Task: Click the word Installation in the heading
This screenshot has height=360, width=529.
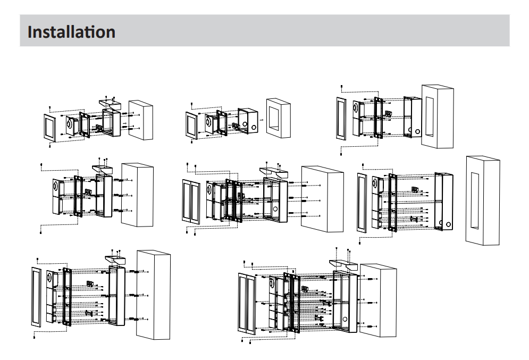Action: point(71,32)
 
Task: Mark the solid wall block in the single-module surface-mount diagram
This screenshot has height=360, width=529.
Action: point(141,120)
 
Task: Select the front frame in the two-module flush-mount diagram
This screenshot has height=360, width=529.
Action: point(341,119)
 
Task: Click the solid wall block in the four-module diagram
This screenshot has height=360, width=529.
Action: point(322,198)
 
